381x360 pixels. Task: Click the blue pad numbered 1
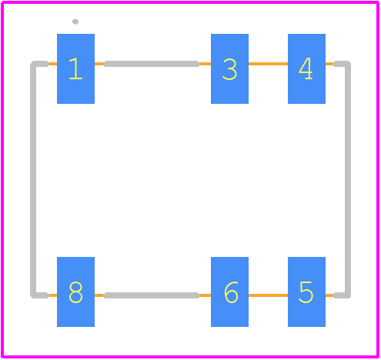click(x=75, y=68)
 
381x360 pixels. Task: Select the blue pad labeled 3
click(x=229, y=68)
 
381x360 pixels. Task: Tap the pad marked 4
click(x=306, y=68)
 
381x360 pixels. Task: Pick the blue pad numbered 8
click(x=75, y=292)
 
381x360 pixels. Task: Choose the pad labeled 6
click(x=229, y=292)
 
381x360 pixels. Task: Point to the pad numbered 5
click(x=306, y=292)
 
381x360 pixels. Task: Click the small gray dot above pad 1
click(x=75, y=22)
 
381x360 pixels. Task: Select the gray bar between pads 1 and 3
click(x=152, y=64)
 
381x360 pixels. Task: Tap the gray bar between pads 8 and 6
click(x=152, y=295)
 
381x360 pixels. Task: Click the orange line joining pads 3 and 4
click(x=268, y=64)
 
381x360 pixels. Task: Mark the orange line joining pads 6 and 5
click(x=268, y=295)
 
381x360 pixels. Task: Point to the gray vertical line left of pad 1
click(x=33, y=179)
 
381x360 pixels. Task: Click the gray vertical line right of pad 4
click(x=348, y=179)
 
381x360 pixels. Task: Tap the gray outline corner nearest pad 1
click(x=33, y=64)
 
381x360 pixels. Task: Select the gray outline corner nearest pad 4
click(x=348, y=64)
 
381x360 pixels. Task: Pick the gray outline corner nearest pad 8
click(x=33, y=295)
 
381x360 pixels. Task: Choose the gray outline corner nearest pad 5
click(x=348, y=295)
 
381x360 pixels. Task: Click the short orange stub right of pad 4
click(x=329, y=64)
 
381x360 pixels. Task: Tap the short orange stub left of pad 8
click(x=52, y=295)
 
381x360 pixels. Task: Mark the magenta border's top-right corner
click(x=378, y=2)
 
